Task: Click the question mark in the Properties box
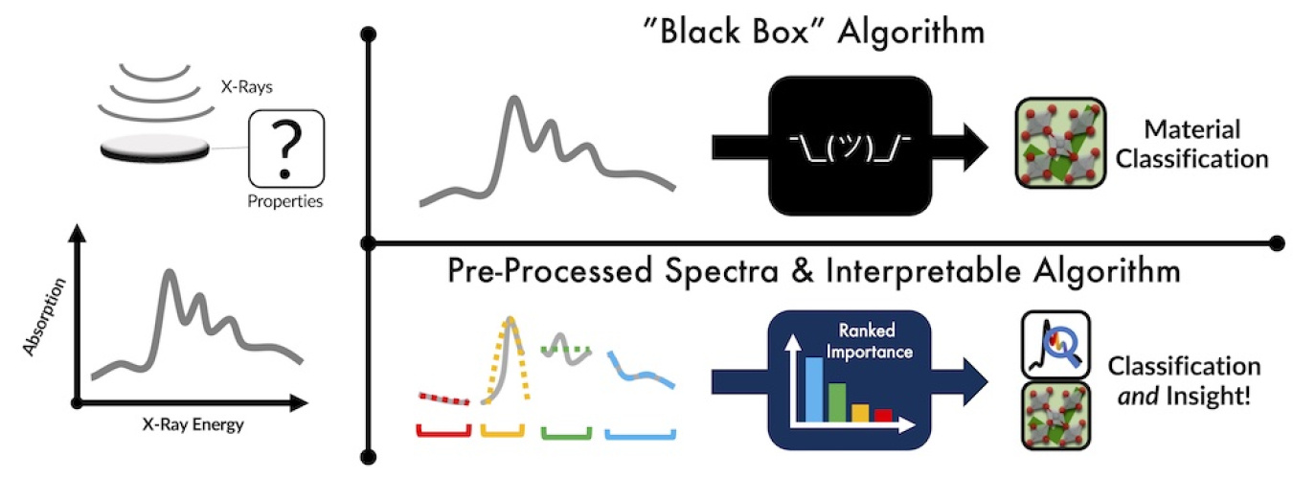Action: coord(284,149)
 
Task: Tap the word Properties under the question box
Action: coord(285,202)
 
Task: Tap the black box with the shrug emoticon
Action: coord(850,144)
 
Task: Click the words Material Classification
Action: coord(1204,144)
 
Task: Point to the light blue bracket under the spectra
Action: coord(641,434)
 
